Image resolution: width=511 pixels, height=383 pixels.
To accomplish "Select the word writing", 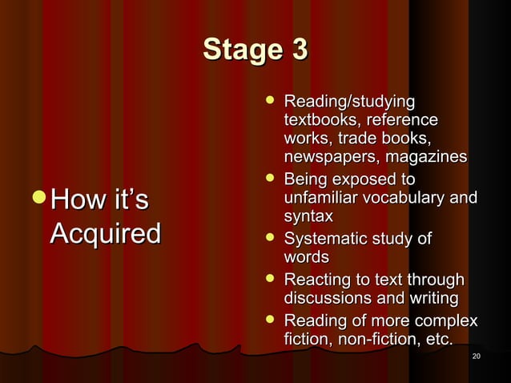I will [431, 299].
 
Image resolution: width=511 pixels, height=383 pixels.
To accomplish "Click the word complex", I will [445, 321].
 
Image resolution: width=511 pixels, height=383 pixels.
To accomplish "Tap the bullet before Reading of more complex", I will [271, 321].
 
